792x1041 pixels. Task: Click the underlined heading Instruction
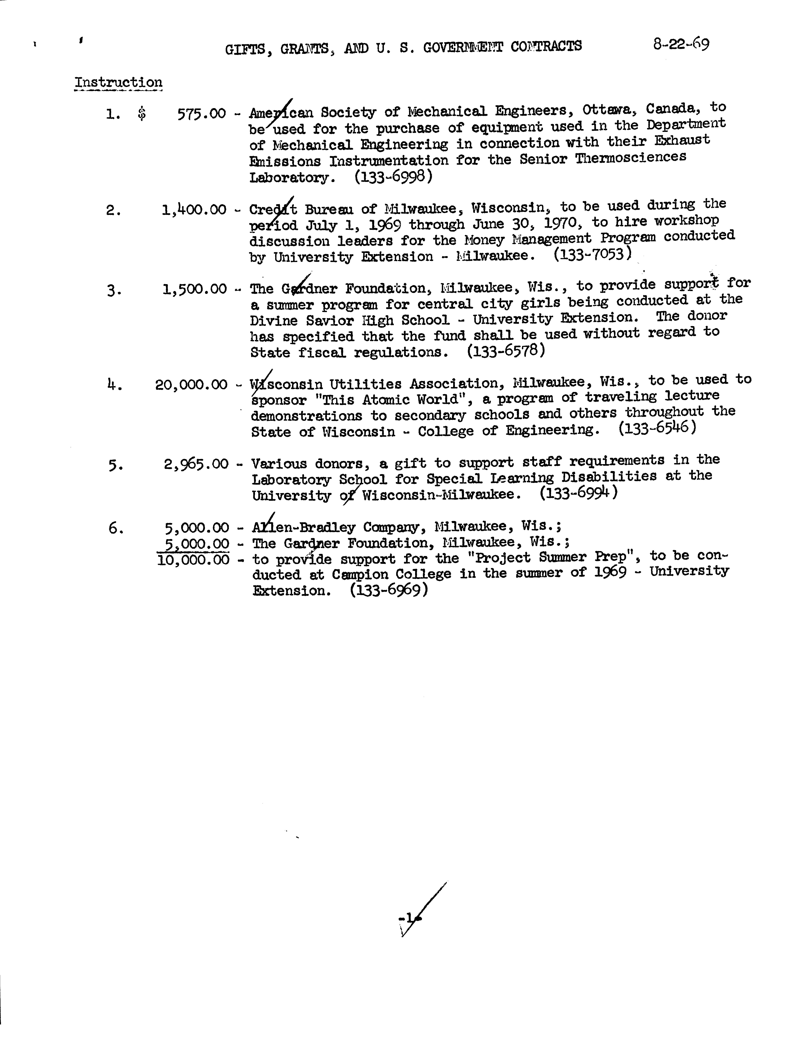118,83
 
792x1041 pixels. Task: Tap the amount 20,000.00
191,384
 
